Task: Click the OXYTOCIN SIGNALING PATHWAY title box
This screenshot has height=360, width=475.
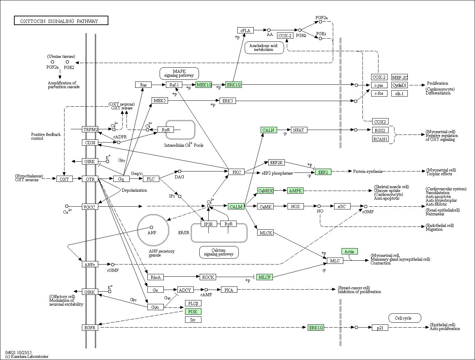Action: point(61,21)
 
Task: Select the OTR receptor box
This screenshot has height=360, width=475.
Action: point(90,179)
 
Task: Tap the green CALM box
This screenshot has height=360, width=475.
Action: point(236,206)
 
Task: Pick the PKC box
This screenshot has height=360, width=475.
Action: point(237,172)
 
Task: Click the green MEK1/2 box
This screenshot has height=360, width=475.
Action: point(204,85)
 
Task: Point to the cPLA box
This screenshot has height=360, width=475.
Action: point(245,30)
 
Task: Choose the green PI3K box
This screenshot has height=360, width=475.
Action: point(193,312)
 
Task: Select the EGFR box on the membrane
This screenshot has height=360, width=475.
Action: point(90,328)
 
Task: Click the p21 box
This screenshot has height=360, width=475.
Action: point(380,328)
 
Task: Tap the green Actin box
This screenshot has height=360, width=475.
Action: point(350,251)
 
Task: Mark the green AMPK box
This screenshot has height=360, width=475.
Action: point(296,191)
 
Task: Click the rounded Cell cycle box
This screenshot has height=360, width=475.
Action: point(405,318)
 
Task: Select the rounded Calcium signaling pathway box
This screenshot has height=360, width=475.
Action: point(219,252)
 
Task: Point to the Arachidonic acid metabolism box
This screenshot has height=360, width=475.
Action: point(264,48)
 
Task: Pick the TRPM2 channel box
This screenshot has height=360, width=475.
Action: point(90,129)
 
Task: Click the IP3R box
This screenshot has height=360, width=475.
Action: point(209,224)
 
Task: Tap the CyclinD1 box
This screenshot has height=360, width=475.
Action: point(399,85)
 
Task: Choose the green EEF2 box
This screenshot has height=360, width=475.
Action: point(323,172)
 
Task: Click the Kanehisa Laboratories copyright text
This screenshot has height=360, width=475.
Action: point(27,356)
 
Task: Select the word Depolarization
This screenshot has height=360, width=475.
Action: point(134,190)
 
